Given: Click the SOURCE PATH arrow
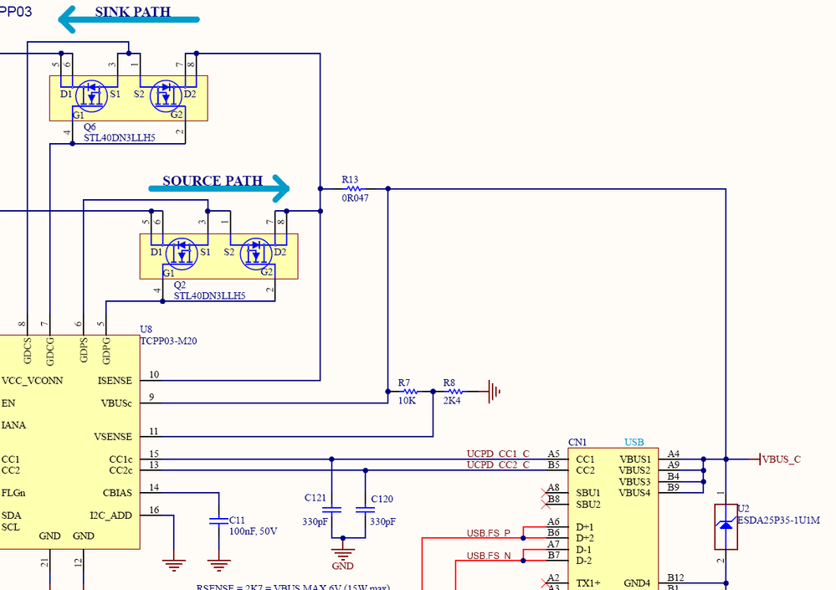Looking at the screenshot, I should pos(219,188).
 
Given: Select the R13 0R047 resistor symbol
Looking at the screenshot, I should pos(352,189).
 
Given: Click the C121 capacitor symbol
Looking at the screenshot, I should pos(332,509).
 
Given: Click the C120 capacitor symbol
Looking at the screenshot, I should pos(366,509).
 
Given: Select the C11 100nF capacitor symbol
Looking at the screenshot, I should pos(218,521).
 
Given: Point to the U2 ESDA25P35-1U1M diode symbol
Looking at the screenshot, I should pos(726,526).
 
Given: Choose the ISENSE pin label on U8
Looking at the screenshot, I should pos(115,381).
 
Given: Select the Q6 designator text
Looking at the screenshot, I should pos(90,127).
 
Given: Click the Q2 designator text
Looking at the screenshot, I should pos(179,285).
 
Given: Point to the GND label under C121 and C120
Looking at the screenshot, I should pos(343,565).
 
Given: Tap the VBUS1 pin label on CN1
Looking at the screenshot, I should pos(634,459).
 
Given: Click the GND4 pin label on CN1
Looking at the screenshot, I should pos(637,583).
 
